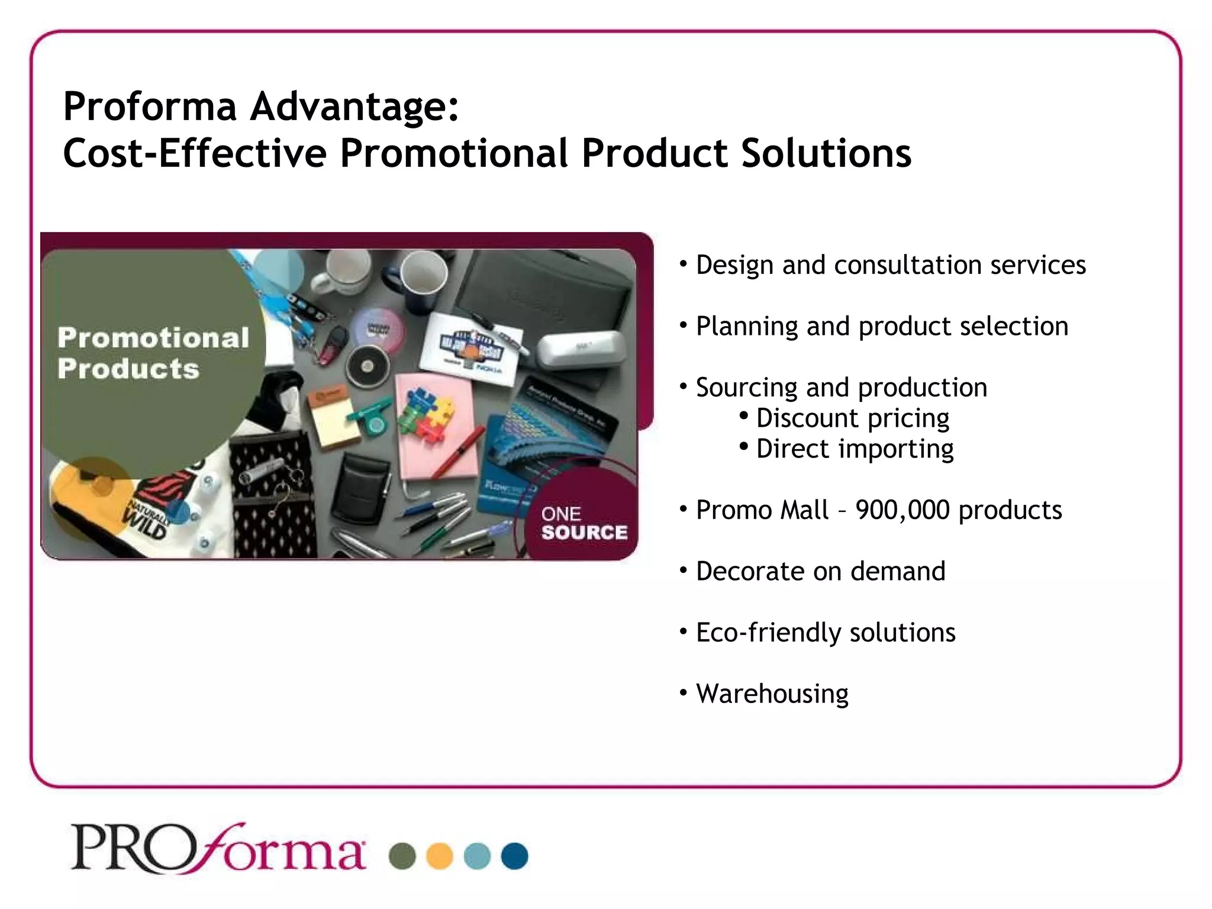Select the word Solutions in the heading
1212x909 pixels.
pos(826,153)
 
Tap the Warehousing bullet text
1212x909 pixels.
pos(772,693)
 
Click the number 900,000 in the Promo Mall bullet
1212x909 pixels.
pos(902,510)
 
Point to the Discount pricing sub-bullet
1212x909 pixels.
pos(852,418)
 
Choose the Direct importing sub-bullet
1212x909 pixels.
pos(855,449)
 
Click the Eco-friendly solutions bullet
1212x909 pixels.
pos(826,632)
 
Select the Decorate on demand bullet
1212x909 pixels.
pos(820,571)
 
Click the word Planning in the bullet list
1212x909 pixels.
pos(747,326)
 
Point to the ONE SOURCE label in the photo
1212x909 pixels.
pos(584,523)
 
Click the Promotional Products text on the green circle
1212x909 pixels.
pos(153,353)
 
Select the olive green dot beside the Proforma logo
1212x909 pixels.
pos(402,856)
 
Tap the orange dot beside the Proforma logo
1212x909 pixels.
pos(440,856)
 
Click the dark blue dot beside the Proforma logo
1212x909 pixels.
pos(514,856)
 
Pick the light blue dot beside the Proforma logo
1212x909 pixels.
pos(477,856)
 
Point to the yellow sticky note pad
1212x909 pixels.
pos(334,420)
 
